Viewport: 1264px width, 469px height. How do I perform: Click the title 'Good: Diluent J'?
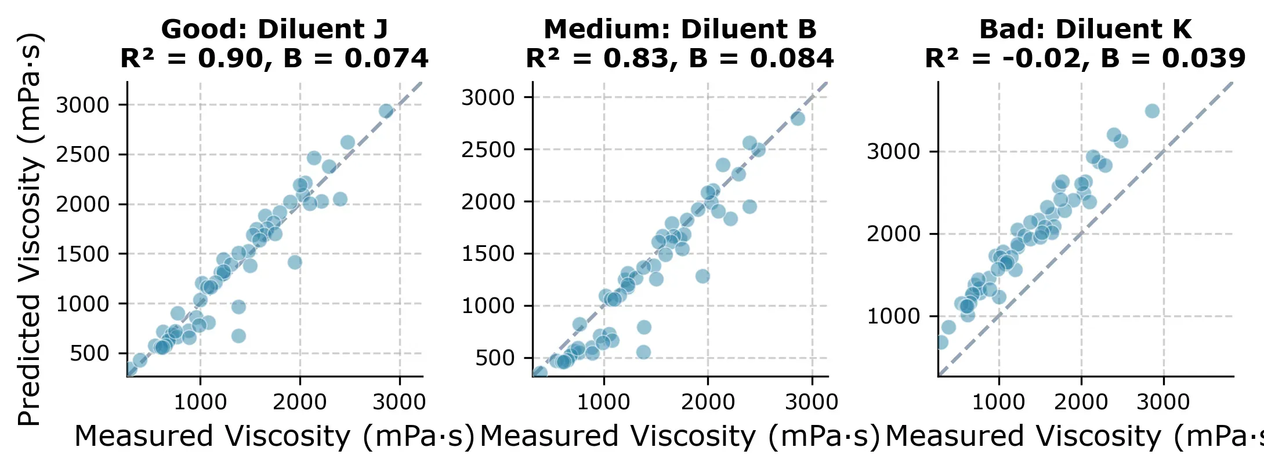pyautogui.click(x=274, y=29)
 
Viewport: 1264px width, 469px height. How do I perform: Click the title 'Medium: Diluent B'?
pyautogui.click(x=680, y=29)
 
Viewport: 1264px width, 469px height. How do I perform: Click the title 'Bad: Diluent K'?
pyautogui.click(x=1085, y=29)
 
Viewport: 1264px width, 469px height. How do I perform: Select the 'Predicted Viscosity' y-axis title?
pyautogui.click(x=29, y=229)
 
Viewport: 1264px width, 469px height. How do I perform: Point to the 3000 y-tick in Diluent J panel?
pyautogui.click(x=82, y=105)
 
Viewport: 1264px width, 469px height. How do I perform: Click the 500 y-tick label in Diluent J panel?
pyautogui.click(x=89, y=353)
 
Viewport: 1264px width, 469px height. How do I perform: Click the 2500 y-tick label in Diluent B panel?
pyautogui.click(x=488, y=150)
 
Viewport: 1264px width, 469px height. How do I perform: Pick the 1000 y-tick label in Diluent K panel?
pyautogui.click(x=893, y=317)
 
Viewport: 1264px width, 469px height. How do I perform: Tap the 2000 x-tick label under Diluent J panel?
pyautogui.click(x=300, y=402)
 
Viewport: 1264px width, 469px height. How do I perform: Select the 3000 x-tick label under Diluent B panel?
pyautogui.click(x=811, y=402)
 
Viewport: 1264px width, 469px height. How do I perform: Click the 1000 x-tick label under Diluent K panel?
pyautogui.click(x=998, y=402)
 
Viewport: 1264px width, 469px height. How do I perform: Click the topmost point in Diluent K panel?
pyautogui.click(x=1152, y=111)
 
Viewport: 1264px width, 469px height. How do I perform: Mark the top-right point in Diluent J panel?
pyautogui.click(x=386, y=111)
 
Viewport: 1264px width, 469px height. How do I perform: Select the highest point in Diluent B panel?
pyautogui.click(x=798, y=118)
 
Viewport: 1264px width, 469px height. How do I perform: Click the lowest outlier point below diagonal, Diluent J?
pyautogui.click(x=238, y=336)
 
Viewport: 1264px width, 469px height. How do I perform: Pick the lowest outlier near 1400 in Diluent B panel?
pyautogui.click(x=643, y=352)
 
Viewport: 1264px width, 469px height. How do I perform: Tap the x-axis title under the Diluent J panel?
pyautogui.click(x=274, y=437)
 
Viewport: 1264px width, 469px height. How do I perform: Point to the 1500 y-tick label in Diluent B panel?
pyautogui.click(x=488, y=253)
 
